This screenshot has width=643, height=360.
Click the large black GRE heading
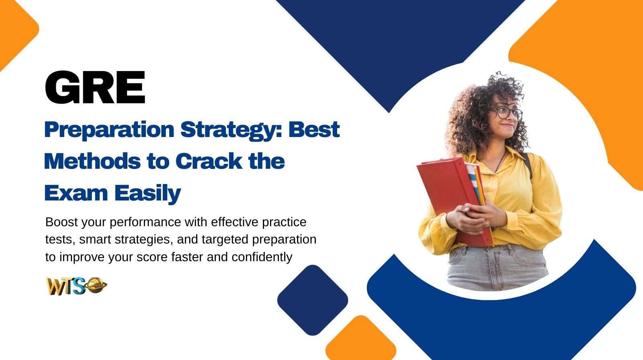pos(95,88)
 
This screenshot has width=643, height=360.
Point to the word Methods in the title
pos(92,161)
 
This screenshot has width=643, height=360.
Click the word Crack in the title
pos(209,161)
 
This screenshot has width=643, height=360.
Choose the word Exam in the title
pos(76,193)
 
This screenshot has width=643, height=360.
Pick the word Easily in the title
pos(147,194)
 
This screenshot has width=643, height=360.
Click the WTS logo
pos(76,286)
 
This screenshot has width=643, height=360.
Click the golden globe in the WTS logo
pos(96,285)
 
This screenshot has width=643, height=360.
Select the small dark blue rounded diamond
pos(313,300)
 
